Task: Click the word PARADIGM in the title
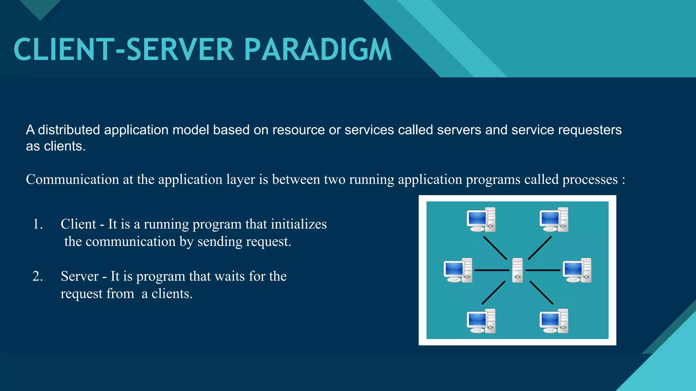318,50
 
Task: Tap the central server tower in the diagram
517,270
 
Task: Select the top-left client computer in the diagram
481,220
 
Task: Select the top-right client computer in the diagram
554,220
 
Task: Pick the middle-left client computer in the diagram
458,270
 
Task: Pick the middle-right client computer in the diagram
577,270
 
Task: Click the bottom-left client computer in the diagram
481,321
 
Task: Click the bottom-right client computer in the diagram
554,321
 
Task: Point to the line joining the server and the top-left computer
495,248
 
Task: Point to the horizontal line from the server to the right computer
543,270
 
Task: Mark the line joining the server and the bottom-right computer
541,292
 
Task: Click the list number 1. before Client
38,224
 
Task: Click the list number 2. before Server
38,276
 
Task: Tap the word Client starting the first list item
78,224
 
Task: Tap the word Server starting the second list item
80,276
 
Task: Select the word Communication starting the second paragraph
72,180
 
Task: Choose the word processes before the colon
590,180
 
